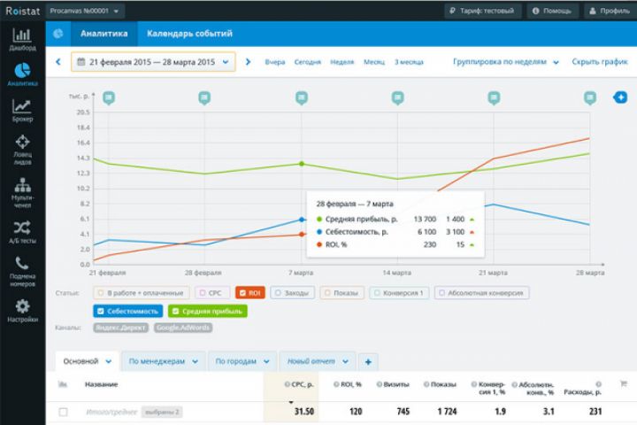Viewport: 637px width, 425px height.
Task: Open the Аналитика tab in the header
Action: [x=103, y=35]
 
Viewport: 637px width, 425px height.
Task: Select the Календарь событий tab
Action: [x=189, y=35]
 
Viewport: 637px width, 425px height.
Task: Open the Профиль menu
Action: [x=610, y=11]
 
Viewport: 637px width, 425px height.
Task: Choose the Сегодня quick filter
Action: [x=307, y=62]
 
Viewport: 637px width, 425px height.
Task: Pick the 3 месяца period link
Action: [x=409, y=62]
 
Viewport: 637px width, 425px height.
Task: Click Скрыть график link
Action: [x=599, y=62]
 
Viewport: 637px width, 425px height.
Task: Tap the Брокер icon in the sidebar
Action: [x=22, y=110]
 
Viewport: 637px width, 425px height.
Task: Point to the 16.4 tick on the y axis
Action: [x=84, y=143]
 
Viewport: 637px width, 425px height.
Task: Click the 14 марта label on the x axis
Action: [x=395, y=273]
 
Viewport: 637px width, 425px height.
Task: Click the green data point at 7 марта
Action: [x=301, y=164]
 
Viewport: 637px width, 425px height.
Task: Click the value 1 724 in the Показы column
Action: [x=442, y=412]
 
